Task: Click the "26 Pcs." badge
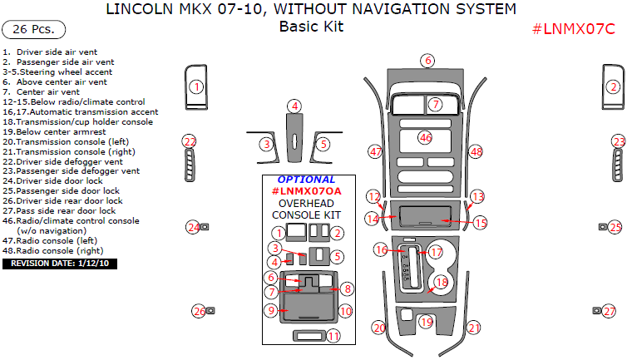[32, 30]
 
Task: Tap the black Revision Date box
[61, 264]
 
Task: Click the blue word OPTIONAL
[307, 180]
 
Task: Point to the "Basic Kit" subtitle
[311, 26]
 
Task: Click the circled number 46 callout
[426, 137]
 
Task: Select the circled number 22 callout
[190, 141]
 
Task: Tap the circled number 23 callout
[619, 141]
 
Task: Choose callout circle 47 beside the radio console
[376, 151]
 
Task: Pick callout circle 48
[476, 152]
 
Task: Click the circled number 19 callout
[427, 322]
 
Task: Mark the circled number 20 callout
[379, 328]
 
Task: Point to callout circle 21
[474, 328]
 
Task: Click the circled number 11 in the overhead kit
[333, 337]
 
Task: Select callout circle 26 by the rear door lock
[199, 311]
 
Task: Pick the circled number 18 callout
[442, 283]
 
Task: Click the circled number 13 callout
[477, 197]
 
